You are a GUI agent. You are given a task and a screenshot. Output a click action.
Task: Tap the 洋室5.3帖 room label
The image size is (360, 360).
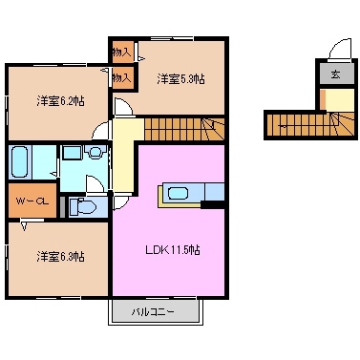coord(180,78)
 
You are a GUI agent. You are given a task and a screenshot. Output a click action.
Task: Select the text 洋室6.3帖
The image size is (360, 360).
coord(60,256)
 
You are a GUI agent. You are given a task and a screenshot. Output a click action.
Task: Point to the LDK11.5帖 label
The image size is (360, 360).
coord(172,250)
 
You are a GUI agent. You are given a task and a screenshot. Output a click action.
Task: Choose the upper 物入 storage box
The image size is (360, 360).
coord(121,53)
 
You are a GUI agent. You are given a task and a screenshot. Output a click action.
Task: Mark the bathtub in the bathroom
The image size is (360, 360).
coord(21,162)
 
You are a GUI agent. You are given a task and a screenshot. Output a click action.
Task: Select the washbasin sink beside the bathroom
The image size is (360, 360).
coord(73,153)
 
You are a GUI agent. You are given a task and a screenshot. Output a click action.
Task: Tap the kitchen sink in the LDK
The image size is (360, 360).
coord(179,193)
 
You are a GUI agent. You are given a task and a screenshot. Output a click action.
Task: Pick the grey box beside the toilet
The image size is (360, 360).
coord(63,205)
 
